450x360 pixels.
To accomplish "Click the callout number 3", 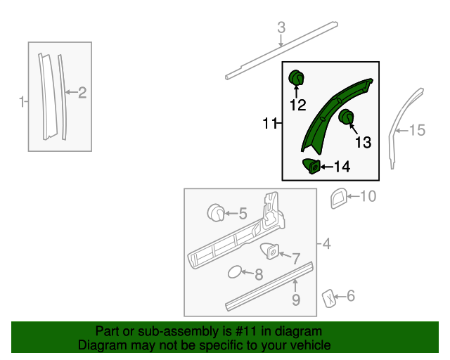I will point(281,28).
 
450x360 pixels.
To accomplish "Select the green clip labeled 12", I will point(297,76).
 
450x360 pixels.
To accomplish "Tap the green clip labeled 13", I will point(346,117).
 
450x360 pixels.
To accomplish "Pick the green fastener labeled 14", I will point(311,166).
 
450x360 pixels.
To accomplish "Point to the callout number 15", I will point(418,130).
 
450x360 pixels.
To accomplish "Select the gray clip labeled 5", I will point(217,211).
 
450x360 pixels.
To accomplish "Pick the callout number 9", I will point(296,300).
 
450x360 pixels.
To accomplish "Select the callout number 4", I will point(326,245).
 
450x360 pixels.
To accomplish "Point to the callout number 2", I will point(82,92).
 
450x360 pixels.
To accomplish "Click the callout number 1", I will point(21,101).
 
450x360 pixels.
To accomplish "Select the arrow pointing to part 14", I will point(325,167).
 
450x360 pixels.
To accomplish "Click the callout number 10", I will point(368,196).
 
